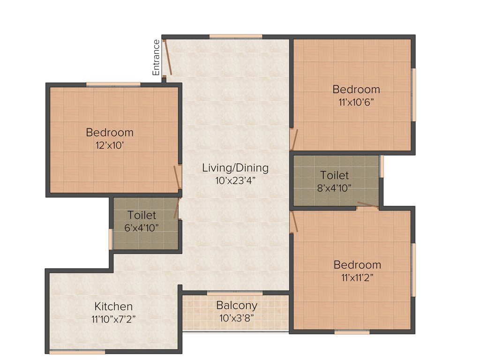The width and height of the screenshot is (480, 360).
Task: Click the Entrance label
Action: [x=156, y=58]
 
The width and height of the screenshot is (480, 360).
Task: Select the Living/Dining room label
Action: [x=235, y=167]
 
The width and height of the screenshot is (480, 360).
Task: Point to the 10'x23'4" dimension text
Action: [x=235, y=180]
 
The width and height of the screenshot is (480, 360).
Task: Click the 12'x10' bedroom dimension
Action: [x=109, y=145]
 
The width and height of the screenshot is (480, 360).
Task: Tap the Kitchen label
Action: [x=113, y=307]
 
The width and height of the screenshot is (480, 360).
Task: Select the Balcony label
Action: [x=237, y=305]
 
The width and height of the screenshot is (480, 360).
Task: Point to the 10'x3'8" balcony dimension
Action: [x=237, y=317]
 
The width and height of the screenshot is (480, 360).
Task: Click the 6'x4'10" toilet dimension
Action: [x=142, y=227]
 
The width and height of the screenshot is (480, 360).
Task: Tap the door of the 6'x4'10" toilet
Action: [x=177, y=209]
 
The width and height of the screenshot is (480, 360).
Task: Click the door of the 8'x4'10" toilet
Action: [x=367, y=205]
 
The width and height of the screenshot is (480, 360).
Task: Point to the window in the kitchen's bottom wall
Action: [x=70, y=352]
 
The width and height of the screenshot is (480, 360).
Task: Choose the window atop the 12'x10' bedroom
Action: [x=113, y=84]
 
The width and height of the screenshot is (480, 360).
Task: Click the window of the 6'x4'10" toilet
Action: [x=111, y=239]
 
